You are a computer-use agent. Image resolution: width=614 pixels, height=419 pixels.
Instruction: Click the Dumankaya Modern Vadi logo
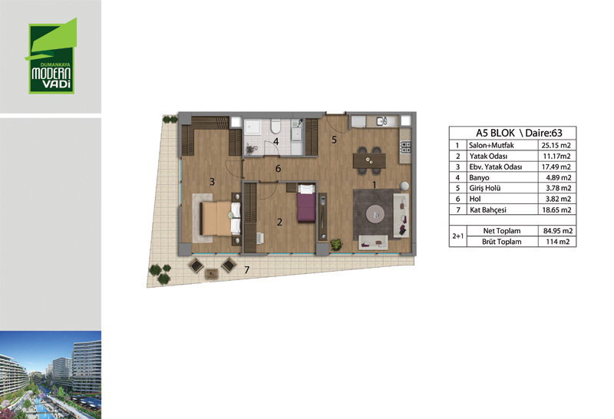pyautogui.click(x=51, y=56)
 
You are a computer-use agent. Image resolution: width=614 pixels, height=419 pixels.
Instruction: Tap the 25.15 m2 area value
pyautogui.click(x=556, y=145)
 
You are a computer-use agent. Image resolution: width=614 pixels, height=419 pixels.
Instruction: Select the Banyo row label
pyautogui.click(x=479, y=177)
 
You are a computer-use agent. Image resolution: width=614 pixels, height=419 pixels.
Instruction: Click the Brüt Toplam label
pyautogui.click(x=502, y=242)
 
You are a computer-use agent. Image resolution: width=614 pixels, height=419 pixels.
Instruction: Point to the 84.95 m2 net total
pyautogui.click(x=558, y=231)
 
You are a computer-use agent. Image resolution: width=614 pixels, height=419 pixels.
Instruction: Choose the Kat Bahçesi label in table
pyautogui.click(x=488, y=210)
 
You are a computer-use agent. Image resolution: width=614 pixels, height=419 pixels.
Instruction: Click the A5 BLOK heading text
pyautogui.click(x=495, y=133)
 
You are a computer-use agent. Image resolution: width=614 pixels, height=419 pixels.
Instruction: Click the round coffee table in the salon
pyautogui.click(x=375, y=214)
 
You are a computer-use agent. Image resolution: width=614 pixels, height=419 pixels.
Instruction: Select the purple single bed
pyautogui.click(x=306, y=203)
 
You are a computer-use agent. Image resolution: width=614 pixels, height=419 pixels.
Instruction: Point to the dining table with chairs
pyautogui.click(x=369, y=160)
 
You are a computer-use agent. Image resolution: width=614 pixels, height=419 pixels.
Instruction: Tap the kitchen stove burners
pyautogui.click(x=405, y=147)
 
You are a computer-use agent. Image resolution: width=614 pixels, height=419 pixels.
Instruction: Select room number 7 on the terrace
pyautogui.click(x=246, y=270)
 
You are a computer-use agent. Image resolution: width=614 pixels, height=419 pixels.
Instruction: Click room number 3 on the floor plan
pyautogui.click(x=213, y=181)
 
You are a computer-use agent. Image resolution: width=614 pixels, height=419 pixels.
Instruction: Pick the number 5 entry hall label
pyautogui.click(x=334, y=140)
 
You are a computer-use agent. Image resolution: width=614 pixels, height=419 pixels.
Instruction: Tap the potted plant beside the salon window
pyautogui.click(x=336, y=245)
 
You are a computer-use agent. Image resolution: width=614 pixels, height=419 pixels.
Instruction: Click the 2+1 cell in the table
pyautogui.click(x=457, y=236)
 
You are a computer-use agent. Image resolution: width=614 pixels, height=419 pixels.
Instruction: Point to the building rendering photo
pyautogui.click(x=51, y=374)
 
